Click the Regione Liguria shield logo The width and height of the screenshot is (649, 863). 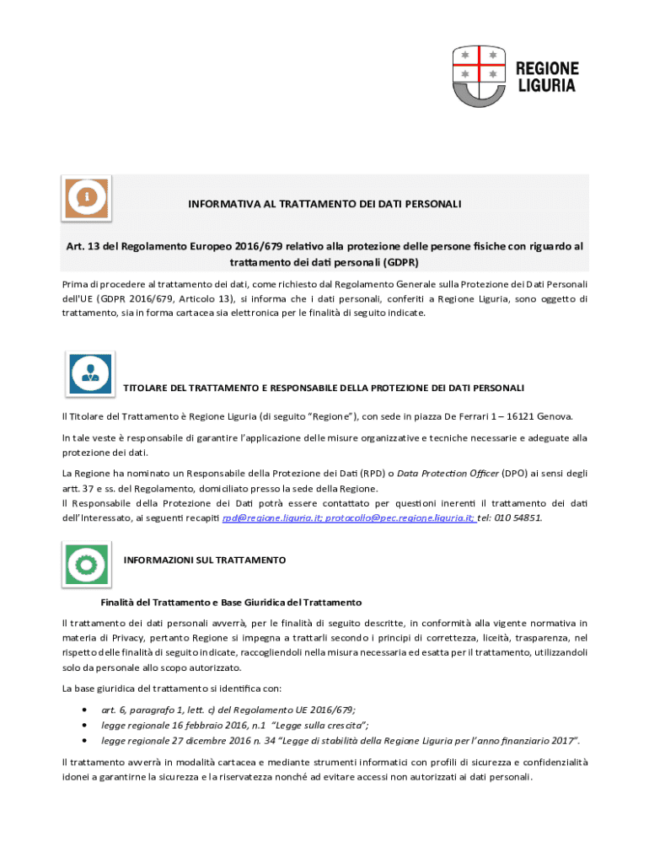coord(478,77)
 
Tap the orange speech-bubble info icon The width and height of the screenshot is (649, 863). coord(87,198)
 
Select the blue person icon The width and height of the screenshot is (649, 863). coord(89,373)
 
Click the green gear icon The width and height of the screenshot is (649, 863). coord(86,561)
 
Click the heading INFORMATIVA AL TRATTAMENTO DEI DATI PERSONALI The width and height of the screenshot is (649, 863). coord(324,204)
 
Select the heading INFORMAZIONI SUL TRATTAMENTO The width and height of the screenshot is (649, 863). coord(205,560)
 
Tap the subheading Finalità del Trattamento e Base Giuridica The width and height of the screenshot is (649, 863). coord(231,603)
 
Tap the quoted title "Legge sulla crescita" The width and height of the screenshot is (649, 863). coord(320,725)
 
